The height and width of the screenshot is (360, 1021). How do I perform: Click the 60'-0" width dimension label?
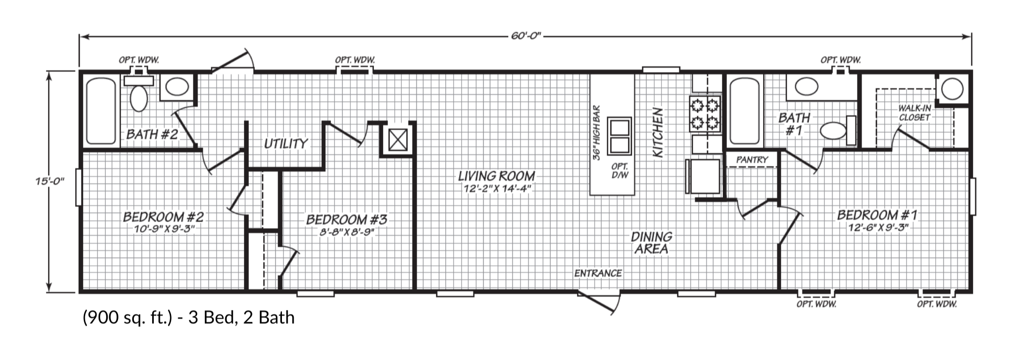click(x=526, y=36)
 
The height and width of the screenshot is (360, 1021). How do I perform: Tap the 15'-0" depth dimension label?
click(x=50, y=181)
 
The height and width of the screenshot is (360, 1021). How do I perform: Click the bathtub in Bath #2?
click(x=101, y=110)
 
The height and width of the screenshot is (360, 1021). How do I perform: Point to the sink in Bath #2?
click(x=177, y=87)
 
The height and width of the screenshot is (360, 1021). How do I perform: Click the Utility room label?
click(x=286, y=144)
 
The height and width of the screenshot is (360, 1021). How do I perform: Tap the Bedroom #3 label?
click(x=346, y=220)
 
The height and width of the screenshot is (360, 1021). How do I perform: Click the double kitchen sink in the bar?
click(x=619, y=136)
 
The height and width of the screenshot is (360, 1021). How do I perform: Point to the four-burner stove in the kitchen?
click(x=705, y=114)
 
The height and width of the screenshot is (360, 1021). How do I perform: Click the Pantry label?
click(x=752, y=160)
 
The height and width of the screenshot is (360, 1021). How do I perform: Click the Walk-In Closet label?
click(x=914, y=113)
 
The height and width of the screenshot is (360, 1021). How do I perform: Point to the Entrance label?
click(x=598, y=273)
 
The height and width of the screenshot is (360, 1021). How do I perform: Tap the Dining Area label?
click(x=651, y=243)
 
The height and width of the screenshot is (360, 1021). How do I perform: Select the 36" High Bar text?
click(x=596, y=133)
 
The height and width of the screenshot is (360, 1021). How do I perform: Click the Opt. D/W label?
click(x=620, y=171)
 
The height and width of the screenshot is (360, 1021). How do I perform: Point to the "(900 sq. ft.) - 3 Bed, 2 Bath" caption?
click(x=188, y=318)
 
